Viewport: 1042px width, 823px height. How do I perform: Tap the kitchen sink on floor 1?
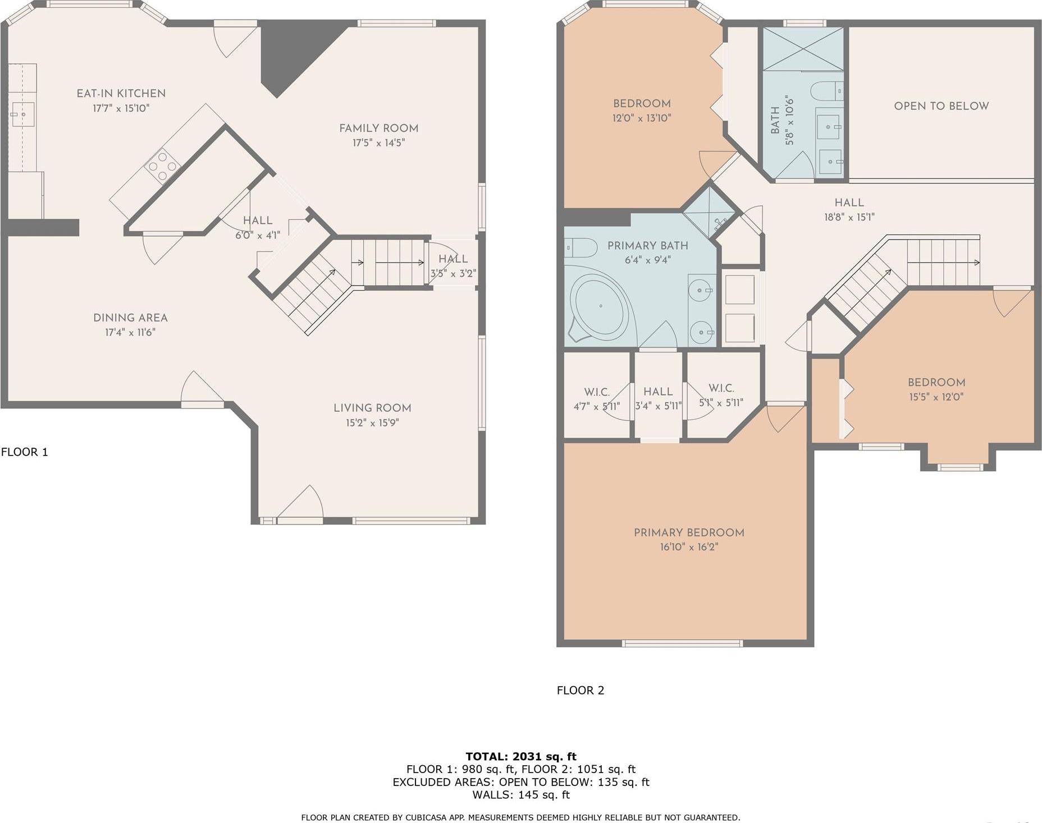22,114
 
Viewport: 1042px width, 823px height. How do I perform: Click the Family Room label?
378,128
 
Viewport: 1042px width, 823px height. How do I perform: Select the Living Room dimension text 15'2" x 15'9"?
372,423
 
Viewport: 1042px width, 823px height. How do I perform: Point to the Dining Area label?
130,318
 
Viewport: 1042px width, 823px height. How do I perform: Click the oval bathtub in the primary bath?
600,306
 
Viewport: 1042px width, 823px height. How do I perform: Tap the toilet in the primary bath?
581,247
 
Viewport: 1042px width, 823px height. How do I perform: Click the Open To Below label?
941,106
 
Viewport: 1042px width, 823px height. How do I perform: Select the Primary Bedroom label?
689,533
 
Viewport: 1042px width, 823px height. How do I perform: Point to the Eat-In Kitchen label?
121,94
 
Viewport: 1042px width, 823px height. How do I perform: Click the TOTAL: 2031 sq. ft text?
520,757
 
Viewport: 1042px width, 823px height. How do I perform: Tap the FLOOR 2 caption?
580,691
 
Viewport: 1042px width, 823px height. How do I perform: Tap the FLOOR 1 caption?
25,452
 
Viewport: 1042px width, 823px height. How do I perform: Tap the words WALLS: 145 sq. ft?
520,795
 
